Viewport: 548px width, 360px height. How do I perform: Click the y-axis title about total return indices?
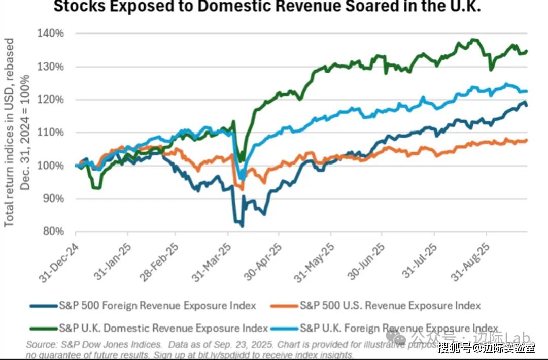point(17,132)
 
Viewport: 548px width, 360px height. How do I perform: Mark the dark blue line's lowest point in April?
point(242,226)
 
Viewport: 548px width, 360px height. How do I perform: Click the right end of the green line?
point(527,51)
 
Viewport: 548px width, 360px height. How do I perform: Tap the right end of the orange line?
point(527,140)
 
